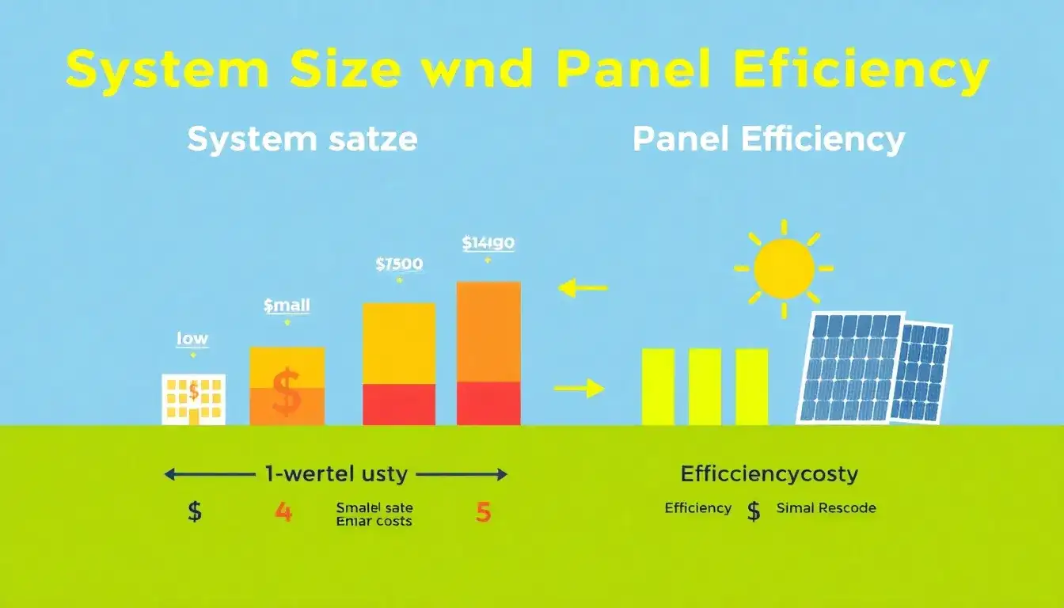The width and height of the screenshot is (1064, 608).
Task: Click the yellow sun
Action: pos(784,268)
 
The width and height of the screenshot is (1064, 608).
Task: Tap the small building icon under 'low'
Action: pos(193,399)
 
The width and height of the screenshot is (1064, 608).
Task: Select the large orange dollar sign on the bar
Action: pos(286,393)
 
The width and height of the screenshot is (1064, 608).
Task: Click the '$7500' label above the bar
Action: pos(399,264)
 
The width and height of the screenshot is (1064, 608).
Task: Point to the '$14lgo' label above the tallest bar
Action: pos(488,243)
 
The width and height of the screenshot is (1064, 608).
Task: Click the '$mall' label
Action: pos(287,305)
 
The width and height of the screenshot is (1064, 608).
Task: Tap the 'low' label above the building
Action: pos(192,339)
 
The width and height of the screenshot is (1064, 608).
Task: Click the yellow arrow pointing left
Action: pos(583,288)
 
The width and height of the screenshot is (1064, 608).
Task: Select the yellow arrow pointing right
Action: pos(579,388)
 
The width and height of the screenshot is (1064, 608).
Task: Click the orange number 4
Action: pos(283,512)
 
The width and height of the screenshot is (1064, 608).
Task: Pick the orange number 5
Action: pos(483,512)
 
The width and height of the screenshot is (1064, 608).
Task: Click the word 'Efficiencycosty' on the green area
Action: pos(769,474)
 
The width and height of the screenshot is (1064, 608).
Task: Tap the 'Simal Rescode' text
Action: pos(826,508)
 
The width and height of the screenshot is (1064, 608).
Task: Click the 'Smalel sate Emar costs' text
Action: pos(374,514)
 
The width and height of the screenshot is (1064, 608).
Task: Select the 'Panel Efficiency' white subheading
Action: pos(768,140)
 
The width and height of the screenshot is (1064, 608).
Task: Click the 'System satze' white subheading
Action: pos(302,140)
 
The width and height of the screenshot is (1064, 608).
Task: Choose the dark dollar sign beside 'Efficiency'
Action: pos(754,511)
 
